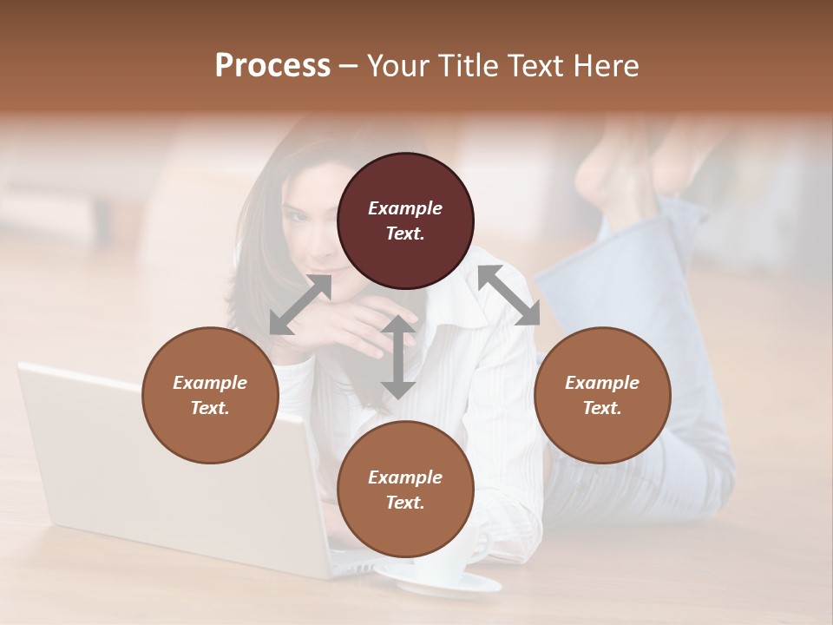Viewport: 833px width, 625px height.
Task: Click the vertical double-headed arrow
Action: pos(398,357)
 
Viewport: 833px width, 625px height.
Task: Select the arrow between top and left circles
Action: pos(300,305)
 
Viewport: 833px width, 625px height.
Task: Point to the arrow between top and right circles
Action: pos(508,295)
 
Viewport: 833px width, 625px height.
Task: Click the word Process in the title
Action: pos(272,65)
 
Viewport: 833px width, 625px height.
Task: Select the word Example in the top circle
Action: pos(405,208)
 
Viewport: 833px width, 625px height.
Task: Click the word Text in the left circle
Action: pos(209,408)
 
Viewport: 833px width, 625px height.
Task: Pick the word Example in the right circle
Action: pos(602,383)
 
